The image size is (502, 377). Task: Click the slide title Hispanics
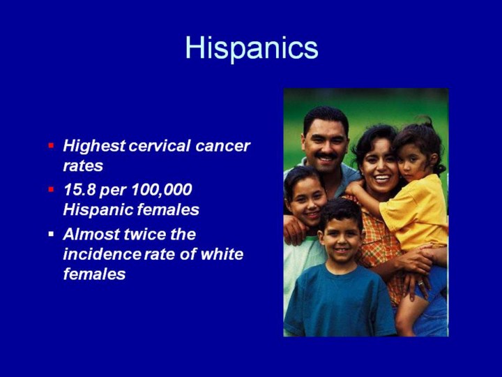pos(252,48)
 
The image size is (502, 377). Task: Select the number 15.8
pos(79,189)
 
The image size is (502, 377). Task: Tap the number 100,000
pos(162,190)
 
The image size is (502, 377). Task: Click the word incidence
pos(102,254)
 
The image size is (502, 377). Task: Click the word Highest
pos(94,147)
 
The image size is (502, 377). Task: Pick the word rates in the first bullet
pos(83,166)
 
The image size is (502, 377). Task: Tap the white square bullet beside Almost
pos(51,234)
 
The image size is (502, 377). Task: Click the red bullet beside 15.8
pos(51,189)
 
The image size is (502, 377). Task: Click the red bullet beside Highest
pos(51,146)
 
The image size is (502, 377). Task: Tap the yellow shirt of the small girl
pos(416,213)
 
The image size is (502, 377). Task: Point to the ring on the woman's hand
pos(420,283)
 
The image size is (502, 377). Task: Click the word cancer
pos(222,146)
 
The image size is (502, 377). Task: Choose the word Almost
pos(91,234)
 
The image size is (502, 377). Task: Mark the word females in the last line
pos(94,274)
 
